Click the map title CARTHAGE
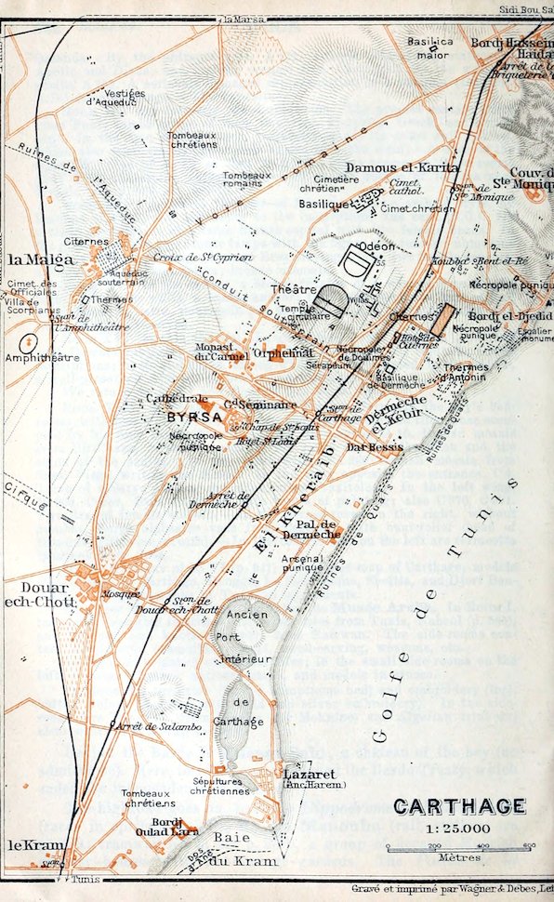click(x=458, y=807)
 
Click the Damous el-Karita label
click(x=402, y=168)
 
